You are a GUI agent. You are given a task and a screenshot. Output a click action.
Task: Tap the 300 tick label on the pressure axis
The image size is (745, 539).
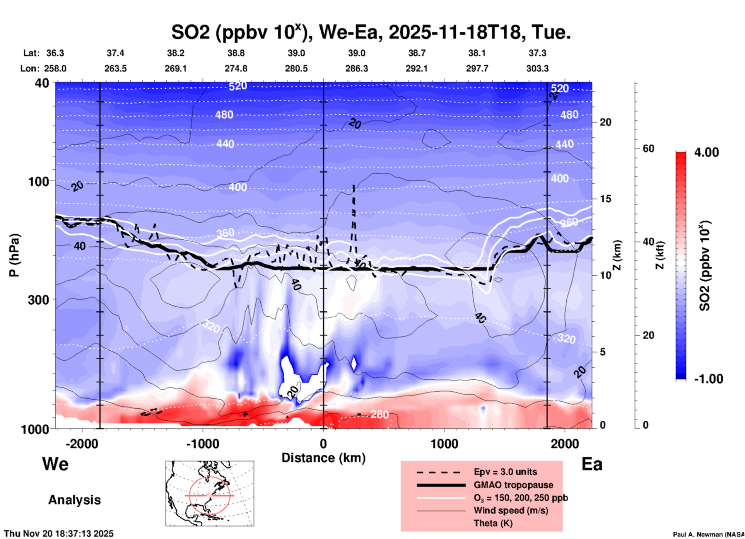(x=39, y=300)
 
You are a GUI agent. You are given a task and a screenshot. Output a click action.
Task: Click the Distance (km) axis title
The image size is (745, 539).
(x=323, y=458)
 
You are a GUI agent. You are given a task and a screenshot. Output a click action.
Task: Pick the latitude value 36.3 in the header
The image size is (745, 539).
(x=55, y=53)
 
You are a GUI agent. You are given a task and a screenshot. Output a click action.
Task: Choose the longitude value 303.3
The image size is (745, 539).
(x=537, y=68)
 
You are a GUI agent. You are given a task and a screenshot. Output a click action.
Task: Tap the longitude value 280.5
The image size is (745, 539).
(x=296, y=68)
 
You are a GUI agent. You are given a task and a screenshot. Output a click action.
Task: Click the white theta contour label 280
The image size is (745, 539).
(x=379, y=414)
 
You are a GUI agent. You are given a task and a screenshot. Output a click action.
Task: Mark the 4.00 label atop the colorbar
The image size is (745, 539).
(x=706, y=152)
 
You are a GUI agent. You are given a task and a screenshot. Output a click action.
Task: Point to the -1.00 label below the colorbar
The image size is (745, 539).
(x=708, y=379)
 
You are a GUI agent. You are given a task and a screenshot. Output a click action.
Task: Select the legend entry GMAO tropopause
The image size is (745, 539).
(x=513, y=485)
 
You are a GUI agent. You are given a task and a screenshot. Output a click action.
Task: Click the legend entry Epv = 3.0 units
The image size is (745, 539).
(x=505, y=472)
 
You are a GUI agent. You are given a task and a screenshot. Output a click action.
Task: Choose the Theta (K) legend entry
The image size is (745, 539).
(x=493, y=523)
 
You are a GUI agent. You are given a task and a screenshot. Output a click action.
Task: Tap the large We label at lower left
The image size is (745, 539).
(x=55, y=464)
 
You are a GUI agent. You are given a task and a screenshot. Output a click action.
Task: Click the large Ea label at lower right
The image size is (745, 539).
(x=592, y=464)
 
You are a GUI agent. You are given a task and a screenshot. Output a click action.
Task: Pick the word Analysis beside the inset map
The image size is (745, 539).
(x=74, y=500)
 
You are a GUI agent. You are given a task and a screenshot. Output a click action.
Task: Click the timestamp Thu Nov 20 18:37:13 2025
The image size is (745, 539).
(x=59, y=534)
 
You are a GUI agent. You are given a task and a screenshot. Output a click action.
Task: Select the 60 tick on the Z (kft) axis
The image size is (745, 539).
(x=648, y=148)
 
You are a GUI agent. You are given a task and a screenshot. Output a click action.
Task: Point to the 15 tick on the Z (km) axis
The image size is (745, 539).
(x=605, y=199)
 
